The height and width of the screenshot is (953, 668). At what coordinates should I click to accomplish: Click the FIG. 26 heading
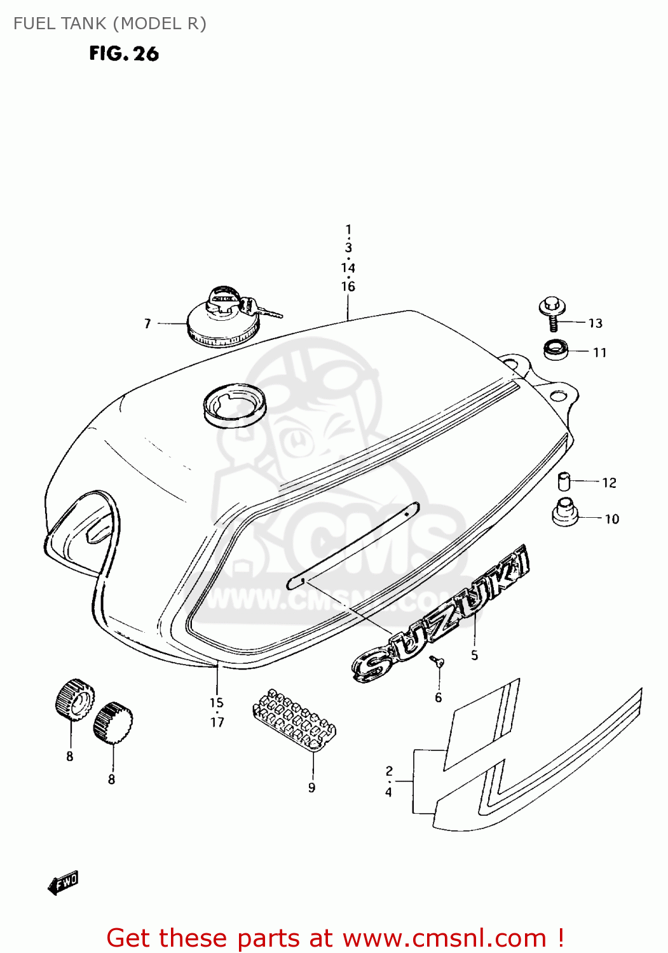124,53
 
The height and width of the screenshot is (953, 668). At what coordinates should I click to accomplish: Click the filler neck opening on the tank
235,404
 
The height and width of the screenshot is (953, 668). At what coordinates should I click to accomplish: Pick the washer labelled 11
556,349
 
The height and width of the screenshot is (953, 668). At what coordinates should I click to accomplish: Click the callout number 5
474,655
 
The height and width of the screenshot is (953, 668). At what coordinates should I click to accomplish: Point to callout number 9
311,788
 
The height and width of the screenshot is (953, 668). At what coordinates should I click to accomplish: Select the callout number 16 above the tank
348,287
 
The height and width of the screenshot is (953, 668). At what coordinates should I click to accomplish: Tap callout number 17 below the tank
217,722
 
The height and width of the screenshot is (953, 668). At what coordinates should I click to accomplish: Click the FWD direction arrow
63,882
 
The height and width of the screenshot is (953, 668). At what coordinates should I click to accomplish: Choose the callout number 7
147,324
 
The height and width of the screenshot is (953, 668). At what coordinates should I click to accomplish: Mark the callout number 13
595,323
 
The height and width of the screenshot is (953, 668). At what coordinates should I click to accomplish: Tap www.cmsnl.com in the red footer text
444,938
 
